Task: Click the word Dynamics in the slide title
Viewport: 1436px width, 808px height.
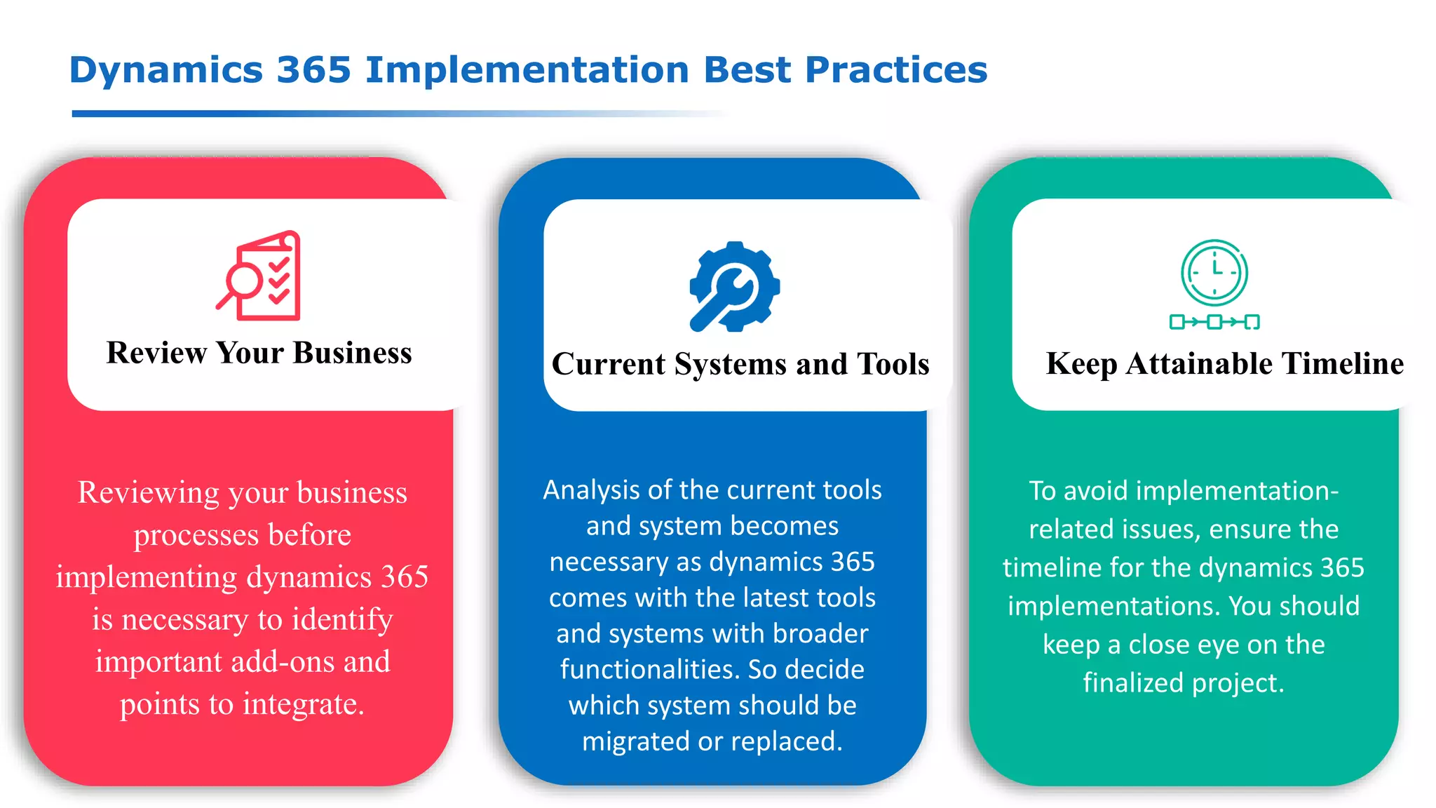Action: coord(165,70)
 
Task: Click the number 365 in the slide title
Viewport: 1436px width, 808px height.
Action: coord(313,70)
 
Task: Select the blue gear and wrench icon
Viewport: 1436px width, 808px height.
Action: coord(734,286)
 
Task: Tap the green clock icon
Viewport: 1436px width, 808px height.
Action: coord(1214,274)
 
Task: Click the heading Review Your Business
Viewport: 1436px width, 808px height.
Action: coord(259,353)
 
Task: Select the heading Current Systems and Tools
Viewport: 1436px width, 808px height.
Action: coord(740,364)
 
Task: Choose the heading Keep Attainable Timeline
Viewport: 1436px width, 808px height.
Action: coord(1224,363)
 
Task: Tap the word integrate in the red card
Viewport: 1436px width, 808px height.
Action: coord(303,703)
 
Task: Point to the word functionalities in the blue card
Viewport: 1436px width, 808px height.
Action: coord(649,669)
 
